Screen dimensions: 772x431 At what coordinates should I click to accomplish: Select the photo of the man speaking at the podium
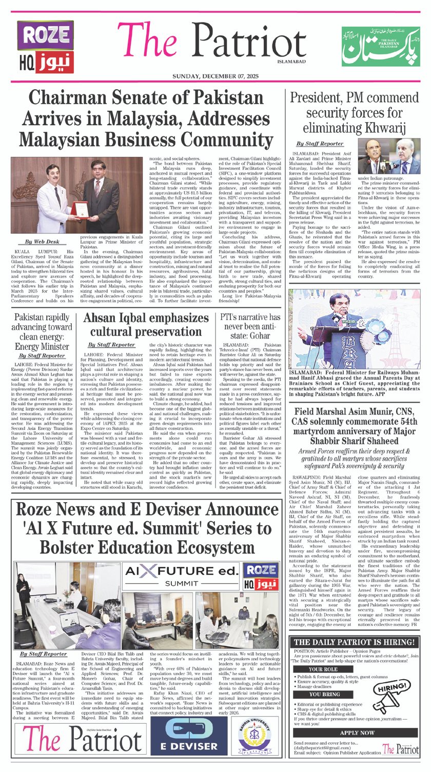coord(354,331)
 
